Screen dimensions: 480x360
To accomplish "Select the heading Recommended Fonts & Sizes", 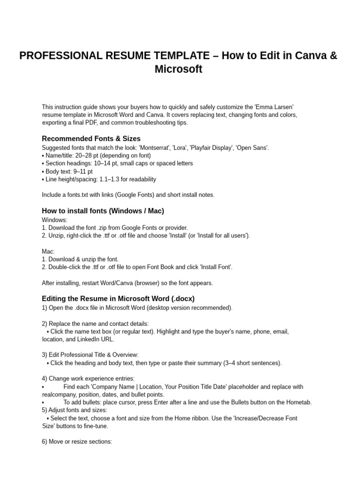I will click(91, 138).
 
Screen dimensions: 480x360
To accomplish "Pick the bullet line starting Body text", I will click(67, 172).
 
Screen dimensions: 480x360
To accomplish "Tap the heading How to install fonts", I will click(103, 211).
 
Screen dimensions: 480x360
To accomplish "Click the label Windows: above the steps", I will click(55, 220).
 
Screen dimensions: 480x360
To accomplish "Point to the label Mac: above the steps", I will click(48, 252).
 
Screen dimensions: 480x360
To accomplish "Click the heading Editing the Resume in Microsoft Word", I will click(118, 299).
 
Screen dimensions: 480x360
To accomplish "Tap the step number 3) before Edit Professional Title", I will click(45, 355).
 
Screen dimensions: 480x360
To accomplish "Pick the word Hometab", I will click(300, 403).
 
